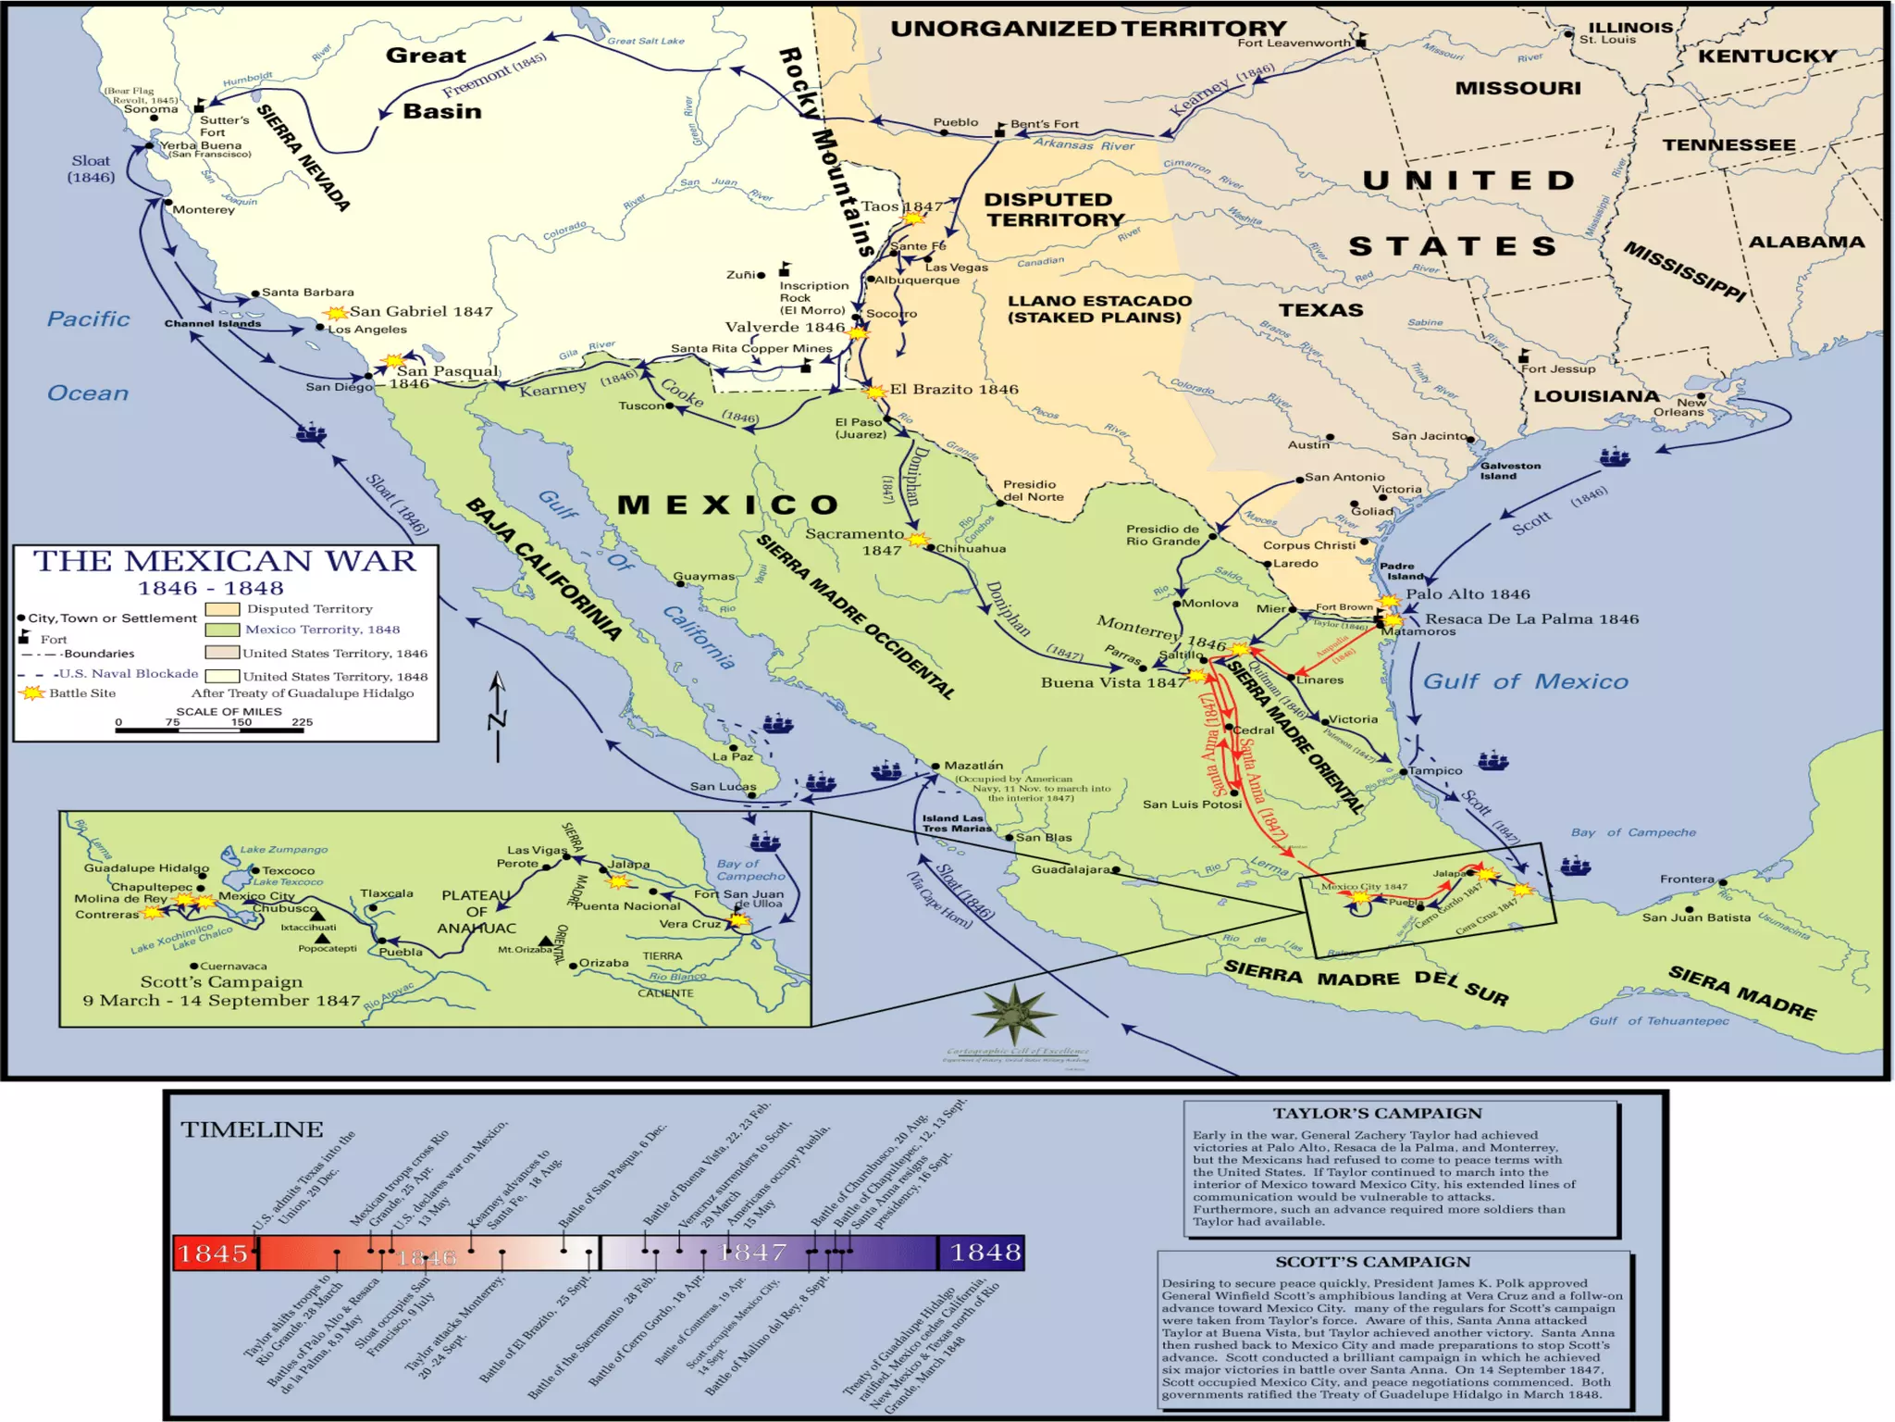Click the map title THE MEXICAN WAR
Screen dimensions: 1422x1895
click(225, 561)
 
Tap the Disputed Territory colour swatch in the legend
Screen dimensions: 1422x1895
click(222, 609)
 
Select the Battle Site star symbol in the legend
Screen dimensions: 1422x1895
click(32, 692)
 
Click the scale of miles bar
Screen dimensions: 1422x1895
click(209, 730)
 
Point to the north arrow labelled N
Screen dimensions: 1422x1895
click(498, 717)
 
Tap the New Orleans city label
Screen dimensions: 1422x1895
click(1678, 407)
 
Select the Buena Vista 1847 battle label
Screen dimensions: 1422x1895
click(1112, 682)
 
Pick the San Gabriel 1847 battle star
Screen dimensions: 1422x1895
click(336, 313)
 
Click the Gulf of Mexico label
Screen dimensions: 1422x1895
click(1525, 681)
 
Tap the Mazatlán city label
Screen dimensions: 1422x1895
click(973, 766)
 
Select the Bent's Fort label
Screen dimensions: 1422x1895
click(1044, 124)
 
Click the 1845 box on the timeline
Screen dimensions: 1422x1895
click(214, 1253)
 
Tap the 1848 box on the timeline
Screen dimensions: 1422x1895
click(985, 1253)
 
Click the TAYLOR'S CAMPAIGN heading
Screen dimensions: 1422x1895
click(1376, 1114)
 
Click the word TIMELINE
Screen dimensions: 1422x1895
click(252, 1129)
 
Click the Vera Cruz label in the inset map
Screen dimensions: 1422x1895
click(688, 924)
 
